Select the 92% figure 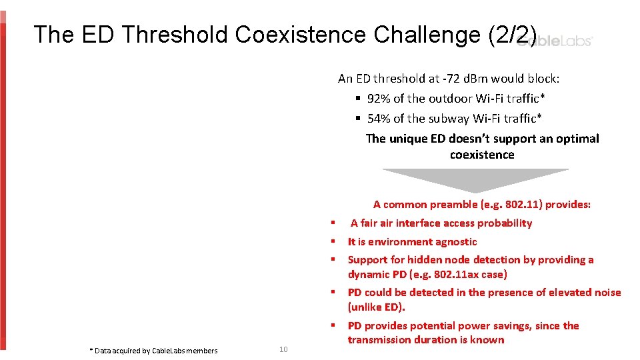(x=379, y=99)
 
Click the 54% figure (x=379, y=119)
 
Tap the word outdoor (x=451, y=99)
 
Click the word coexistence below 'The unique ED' (x=482, y=155)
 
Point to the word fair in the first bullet (x=370, y=223)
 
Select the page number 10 (x=283, y=350)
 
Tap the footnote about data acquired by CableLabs (x=153, y=351)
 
